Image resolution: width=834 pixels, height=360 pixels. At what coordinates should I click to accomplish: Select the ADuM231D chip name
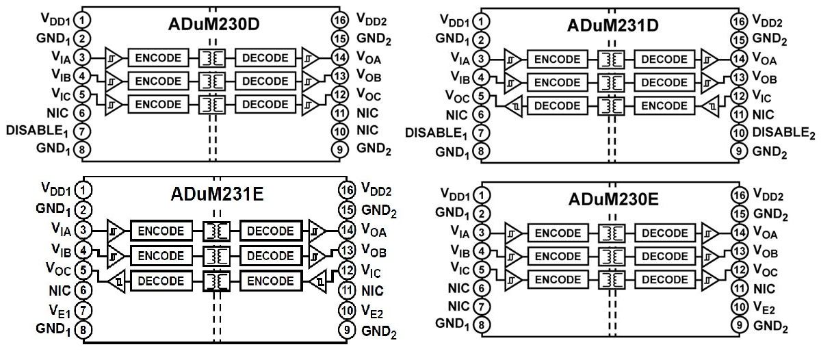click(x=613, y=26)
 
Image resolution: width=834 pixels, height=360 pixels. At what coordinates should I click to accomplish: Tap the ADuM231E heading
click(x=216, y=195)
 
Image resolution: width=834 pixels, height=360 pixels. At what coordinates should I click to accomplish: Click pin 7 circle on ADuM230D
click(x=81, y=130)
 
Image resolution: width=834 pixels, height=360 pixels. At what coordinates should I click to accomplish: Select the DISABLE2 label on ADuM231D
click(x=783, y=133)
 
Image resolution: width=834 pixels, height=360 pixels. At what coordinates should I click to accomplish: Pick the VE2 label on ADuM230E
click(x=764, y=309)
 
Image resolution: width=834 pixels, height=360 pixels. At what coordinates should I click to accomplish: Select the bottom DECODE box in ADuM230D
click(x=266, y=105)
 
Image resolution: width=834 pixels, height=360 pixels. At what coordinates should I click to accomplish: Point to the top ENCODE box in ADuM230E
click(x=557, y=233)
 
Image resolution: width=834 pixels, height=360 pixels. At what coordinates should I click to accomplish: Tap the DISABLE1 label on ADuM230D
click(x=39, y=130)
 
